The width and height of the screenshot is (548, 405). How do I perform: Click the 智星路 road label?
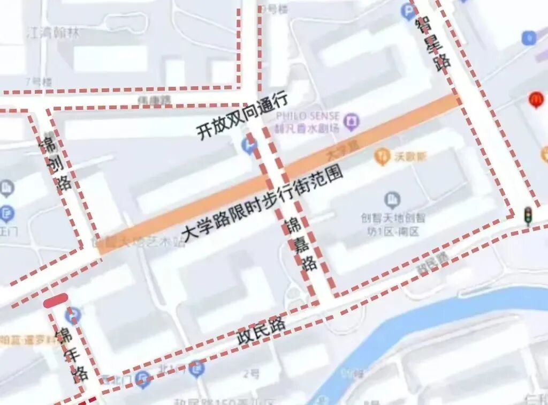coord(432,41)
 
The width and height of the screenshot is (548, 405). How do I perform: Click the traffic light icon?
coord(528,215)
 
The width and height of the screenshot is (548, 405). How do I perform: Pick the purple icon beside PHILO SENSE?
coord(352,121)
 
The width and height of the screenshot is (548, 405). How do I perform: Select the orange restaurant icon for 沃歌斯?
coord(382,156)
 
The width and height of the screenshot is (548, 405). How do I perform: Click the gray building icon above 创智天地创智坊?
coord(392,200)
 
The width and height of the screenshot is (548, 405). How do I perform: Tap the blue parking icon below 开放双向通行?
coord(249,145)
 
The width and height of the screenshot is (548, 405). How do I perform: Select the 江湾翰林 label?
coord(53,33)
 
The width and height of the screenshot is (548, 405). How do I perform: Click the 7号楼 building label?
coord(39,81)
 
